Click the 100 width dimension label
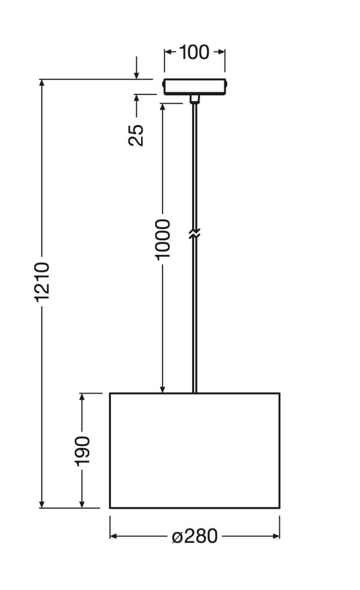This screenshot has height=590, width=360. pos(194,52)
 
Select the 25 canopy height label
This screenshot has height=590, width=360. pos(136,134)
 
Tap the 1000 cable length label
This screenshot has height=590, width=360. pos(163,239)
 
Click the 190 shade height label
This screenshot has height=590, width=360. pos(82,450)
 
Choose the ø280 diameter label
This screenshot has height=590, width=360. pos(195,536)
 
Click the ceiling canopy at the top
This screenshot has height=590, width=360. pos(194,86)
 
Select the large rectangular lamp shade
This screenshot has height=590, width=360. pos(194,450)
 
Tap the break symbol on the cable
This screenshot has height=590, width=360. pos(194,233)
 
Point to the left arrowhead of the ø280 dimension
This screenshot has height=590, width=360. pos(113,536)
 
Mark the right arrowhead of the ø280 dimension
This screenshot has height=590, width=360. pos(276,536)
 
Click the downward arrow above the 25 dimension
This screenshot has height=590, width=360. pos(136,74)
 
